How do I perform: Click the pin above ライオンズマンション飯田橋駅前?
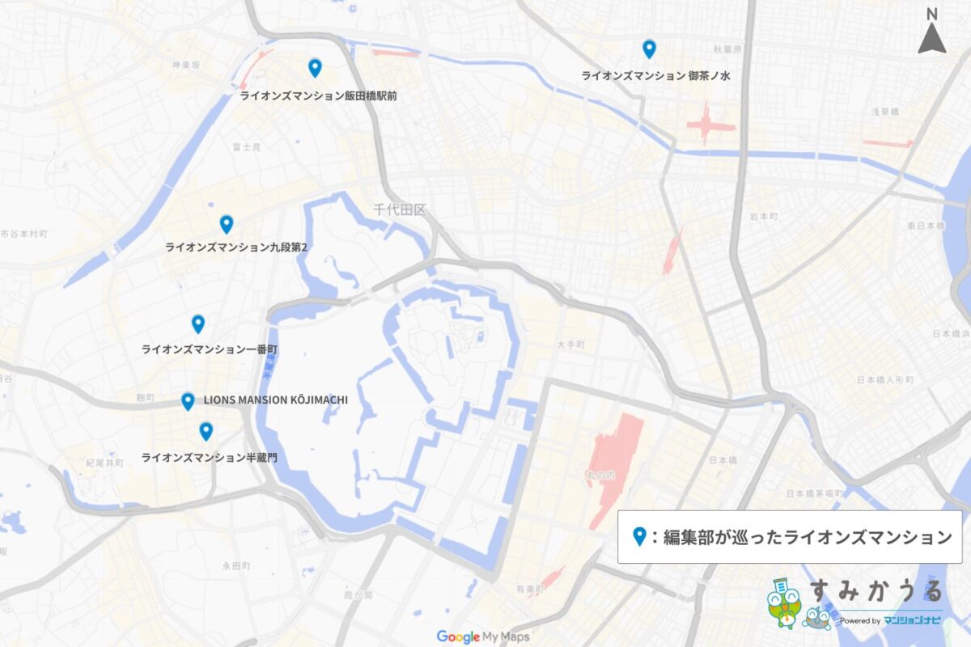click(x=315, y=68)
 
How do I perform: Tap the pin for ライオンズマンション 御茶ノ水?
click(x=649, y=49)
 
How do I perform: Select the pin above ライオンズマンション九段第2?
click(x=227, y=224)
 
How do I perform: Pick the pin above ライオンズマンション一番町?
click(x=198, y=323)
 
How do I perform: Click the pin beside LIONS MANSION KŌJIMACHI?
click(x=188, y=400)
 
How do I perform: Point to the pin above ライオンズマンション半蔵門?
click(x=206, y=431)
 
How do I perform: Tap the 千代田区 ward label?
click(x=399, y=209)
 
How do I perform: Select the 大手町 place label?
click(x=570, y=345)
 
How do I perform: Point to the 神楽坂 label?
click(x=185, y=64)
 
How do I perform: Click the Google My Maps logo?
click(x=483, y=636)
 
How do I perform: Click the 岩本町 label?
click(x=763, y=217)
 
